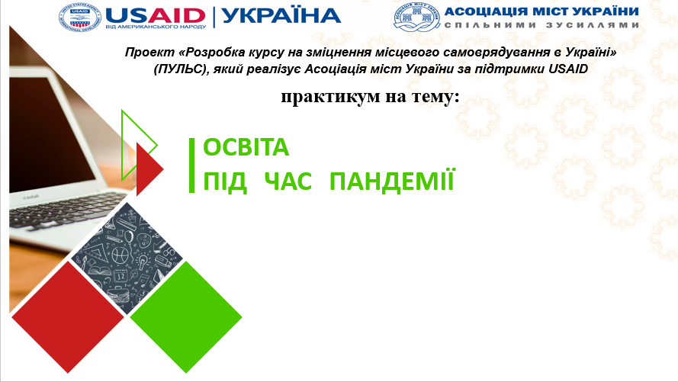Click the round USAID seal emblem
(x=79, y=17)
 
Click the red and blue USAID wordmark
(x=156, y=15)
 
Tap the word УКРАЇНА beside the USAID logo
(x=281, y=15)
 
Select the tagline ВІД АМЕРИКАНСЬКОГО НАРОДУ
(x=156, y=27)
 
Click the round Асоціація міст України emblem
(x=416, y=17)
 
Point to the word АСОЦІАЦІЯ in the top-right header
(x=486, y=11)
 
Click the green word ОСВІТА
(x=246, y=147)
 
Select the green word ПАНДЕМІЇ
(x=392, y=181)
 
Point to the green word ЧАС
(x=288, y=181)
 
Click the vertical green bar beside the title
(x=192, y=165)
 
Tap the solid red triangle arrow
(x=148, y=169)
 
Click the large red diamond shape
(x=68, y=316)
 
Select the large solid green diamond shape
(x=186, y=316)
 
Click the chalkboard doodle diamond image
(x=127, y=258)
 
